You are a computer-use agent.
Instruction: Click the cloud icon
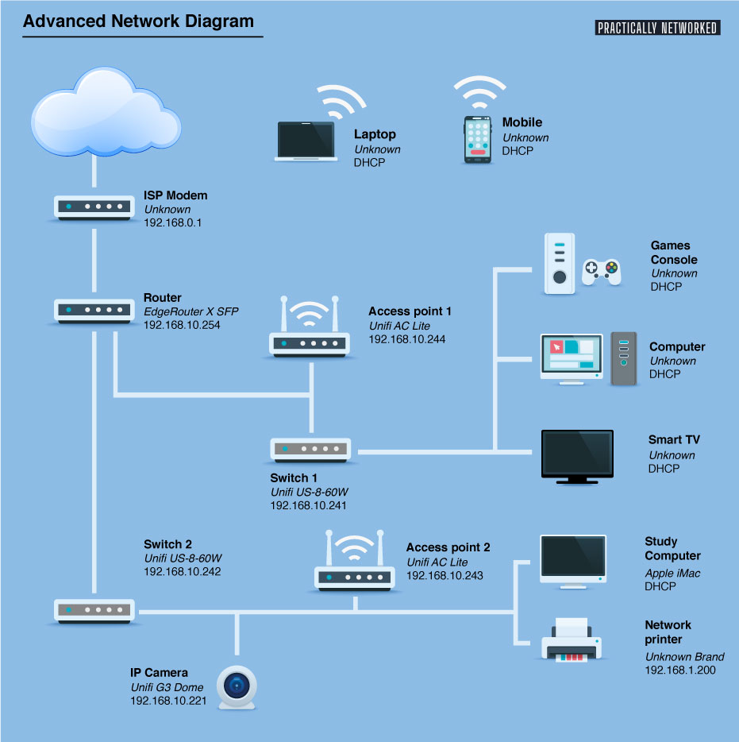click(x=106, y=113)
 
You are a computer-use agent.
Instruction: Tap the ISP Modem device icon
click(x=94, y=207)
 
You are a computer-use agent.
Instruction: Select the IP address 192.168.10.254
click(x=182, y=325)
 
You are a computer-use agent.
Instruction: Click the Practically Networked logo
click(x=657, y=28)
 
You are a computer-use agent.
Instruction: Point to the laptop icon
click(x=306, y=141)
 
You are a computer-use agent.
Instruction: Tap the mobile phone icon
click(x=478, y=140)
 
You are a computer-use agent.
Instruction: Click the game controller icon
click(x=602, y=272)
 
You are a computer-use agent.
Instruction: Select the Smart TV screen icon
click(x=577, y=457)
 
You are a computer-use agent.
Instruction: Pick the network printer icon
click(x=572, y=640)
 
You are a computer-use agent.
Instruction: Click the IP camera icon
click(x=237, y=687)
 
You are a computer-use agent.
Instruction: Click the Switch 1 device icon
click(x=310, y=450)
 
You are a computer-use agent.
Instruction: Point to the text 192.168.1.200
click(x=680, y=670)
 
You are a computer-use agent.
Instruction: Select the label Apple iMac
click(x=672, y=573)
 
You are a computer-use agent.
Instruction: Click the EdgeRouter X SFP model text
click(x=191, y=311)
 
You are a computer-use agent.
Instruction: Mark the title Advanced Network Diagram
click(x=139, y=21)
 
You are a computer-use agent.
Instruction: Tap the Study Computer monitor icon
click(x=573, y=562)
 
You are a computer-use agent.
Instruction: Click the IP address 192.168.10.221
click(x=168, y=701)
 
